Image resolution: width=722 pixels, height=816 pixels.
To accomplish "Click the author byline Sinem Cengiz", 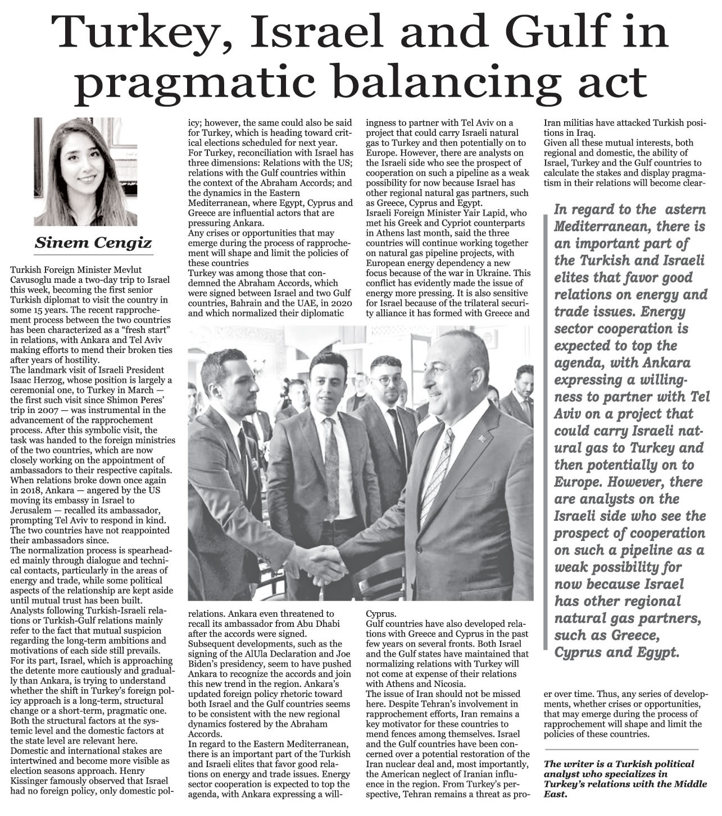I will pos(93,242).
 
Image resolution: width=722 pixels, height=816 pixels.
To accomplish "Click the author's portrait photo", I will pos(93,171).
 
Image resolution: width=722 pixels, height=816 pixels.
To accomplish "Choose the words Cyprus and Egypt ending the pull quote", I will pos(617,653).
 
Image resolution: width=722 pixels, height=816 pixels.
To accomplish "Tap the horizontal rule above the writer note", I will pos(621,749).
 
